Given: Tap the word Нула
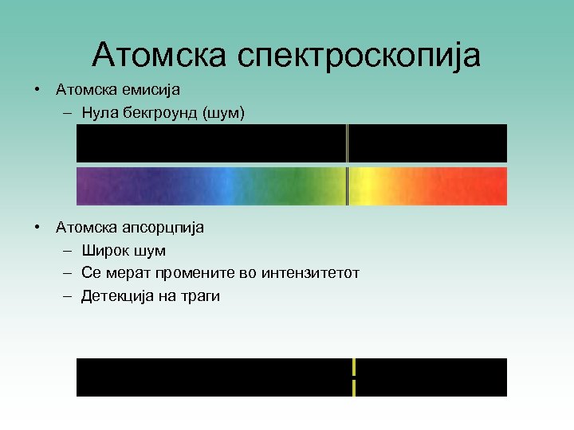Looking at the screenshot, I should (x=100, y=114).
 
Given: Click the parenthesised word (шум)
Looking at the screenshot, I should (x=226, y=114).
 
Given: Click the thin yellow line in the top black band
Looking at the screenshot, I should (x=348, y=143).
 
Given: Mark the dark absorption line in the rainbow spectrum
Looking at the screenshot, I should (x=348, y=186).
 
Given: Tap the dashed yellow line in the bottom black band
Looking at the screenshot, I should (x=353, y=377).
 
